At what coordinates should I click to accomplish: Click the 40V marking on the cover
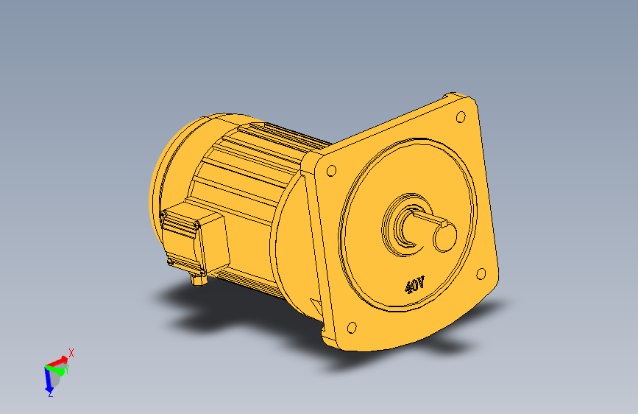click(414, 284)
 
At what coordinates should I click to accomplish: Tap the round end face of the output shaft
click(444, 237)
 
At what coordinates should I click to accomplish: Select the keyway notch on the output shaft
click(444, 223)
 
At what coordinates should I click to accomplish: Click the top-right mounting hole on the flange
click(461, 117)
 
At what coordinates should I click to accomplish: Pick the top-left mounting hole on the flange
click(332, 171)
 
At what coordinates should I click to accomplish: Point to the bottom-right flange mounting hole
click(481, 274)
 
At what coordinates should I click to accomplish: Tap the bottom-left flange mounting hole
click(352, 328)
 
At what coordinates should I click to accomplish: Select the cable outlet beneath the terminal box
click(199, 279)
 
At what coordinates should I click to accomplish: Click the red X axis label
click(71, 353)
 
